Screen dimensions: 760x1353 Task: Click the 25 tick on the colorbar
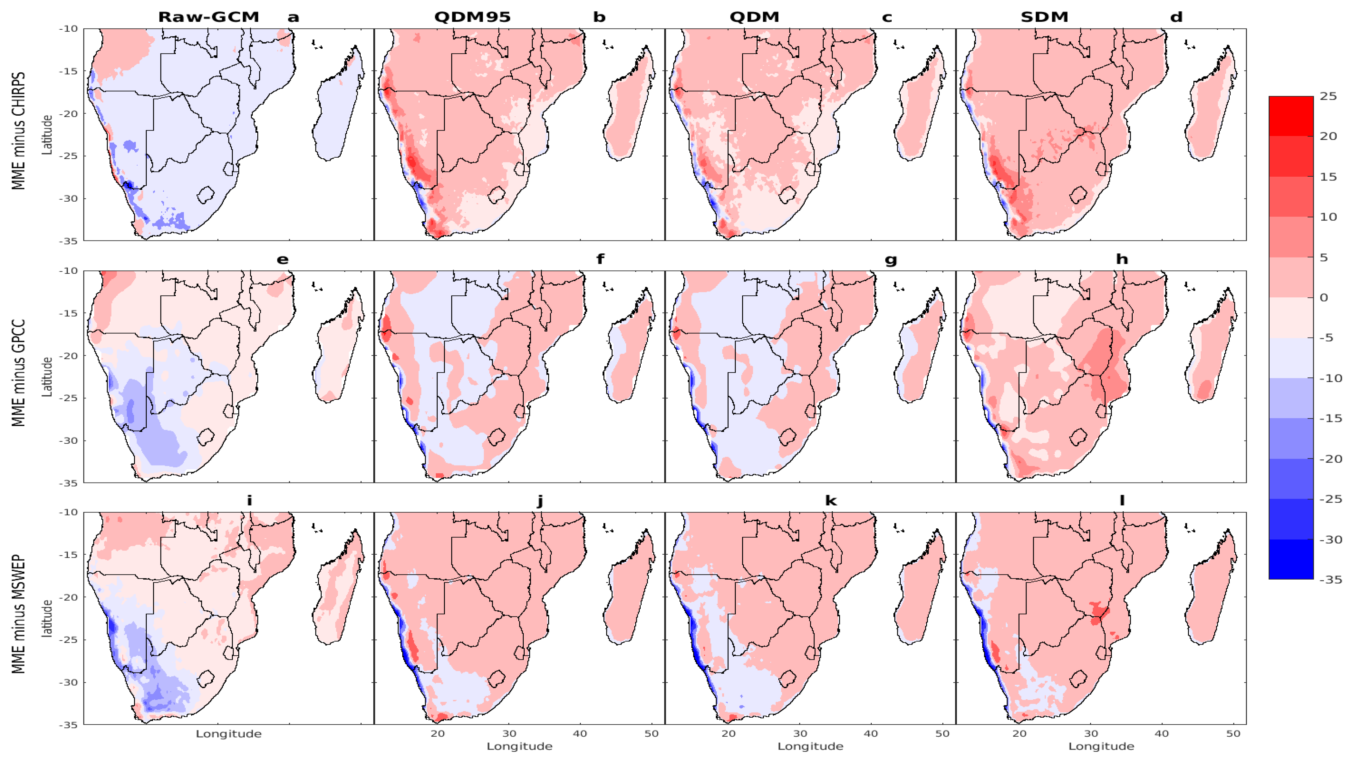click(1328, 96)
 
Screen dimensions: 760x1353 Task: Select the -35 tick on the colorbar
click(1331, 580)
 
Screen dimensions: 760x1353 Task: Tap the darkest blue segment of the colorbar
click(1290, 559)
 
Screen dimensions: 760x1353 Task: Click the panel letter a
click(293, 17)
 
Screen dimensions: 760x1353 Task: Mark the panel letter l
click(1122, 501)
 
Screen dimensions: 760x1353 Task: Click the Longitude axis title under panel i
click(229, 734)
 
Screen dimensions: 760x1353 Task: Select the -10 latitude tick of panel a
click(68, 29)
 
